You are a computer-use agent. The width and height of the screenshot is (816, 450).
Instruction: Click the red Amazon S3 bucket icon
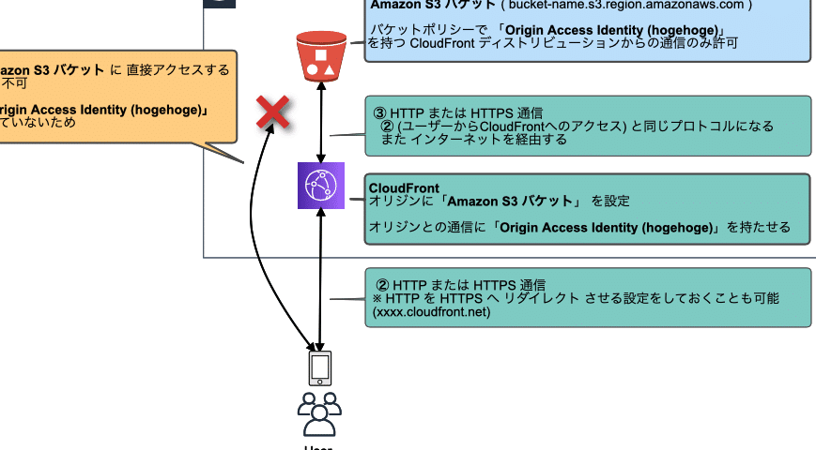[322, 55]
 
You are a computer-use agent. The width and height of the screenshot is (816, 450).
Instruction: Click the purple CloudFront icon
[322, 186]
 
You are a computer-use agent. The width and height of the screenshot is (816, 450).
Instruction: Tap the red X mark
[273, 113]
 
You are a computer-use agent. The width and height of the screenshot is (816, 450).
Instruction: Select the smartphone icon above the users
[320, 368]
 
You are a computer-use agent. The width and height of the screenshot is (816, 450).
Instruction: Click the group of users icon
[319, 414]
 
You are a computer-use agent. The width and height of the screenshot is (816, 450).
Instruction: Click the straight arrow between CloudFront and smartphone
[322, 281]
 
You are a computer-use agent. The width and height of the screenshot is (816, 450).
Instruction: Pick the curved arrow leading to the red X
[255, 234]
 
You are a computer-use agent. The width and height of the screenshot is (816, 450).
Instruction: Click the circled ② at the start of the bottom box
[382, 284]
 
